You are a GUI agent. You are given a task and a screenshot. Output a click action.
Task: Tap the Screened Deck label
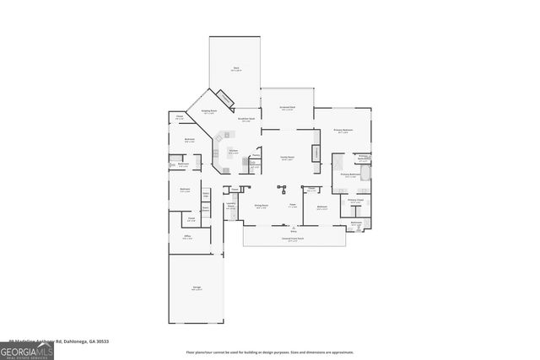[287, 108]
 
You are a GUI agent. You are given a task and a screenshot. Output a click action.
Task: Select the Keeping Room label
[208, 111]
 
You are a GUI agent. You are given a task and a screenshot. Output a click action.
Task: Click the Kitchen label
[234, 152]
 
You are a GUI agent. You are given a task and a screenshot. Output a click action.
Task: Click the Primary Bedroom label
[343, 131]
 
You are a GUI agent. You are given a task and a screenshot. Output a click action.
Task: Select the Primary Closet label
[355, 201]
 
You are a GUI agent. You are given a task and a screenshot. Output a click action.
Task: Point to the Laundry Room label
[230, 207]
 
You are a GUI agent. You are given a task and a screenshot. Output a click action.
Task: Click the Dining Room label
[262, 206]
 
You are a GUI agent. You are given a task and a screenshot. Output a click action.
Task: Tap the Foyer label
[293, 206]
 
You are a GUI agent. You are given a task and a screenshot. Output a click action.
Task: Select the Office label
[187, 238]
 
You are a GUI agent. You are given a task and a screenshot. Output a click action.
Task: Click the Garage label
[196, 288]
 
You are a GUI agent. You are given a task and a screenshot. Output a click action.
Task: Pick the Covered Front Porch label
[293, 239]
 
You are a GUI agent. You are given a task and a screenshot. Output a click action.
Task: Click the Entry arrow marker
[293, 227]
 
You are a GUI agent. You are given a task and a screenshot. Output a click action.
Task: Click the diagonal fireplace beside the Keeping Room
[225, 99]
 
